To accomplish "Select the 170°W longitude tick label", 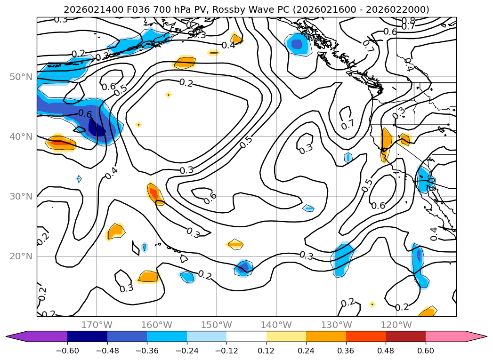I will (97, 325).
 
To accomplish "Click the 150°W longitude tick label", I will (217, 325).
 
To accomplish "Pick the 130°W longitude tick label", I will (336, 325).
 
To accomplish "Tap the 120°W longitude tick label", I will (396, 325).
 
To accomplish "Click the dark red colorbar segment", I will (405, 336).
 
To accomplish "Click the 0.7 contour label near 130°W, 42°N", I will (348, 125).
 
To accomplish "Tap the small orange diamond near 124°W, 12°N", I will (372, 304).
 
